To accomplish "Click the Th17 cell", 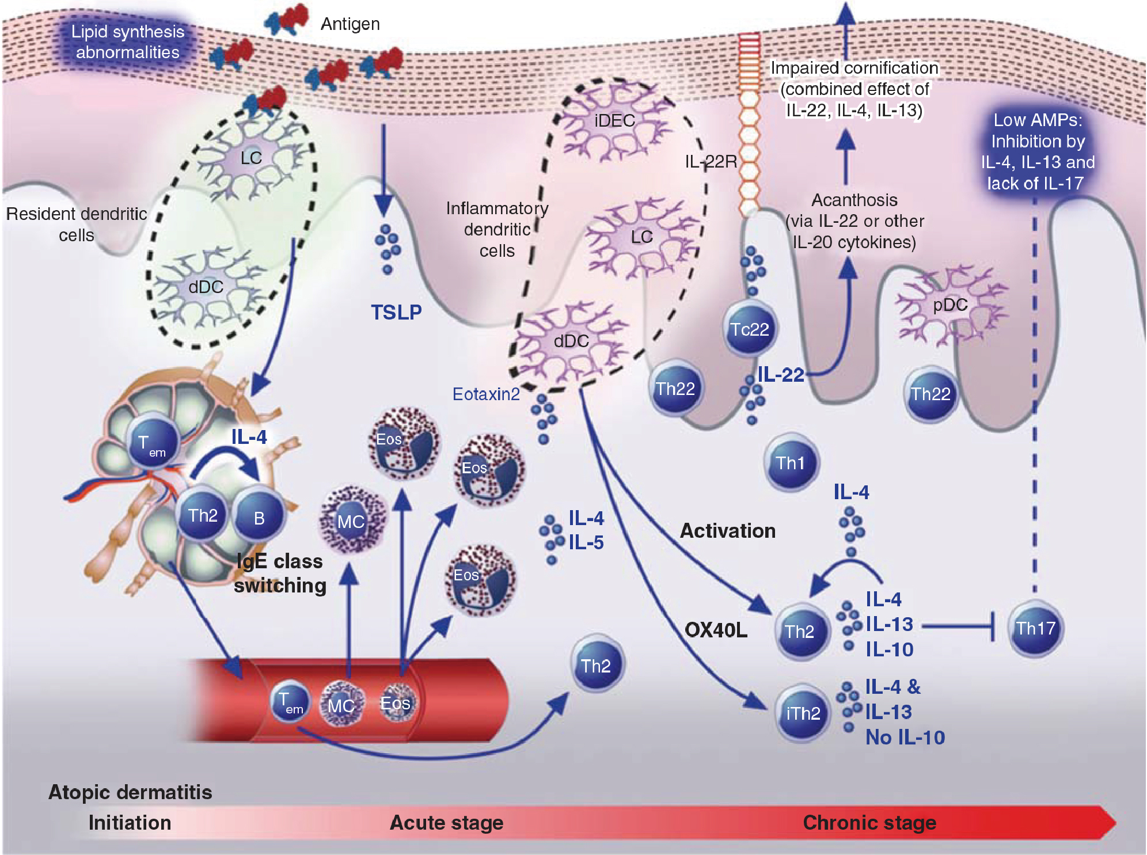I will tap(1035, 628).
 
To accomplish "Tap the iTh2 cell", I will tap(802, 713).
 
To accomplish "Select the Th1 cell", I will tap(790, 463).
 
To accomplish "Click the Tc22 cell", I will tap(749, 329).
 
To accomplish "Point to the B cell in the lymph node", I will tap(259, 518).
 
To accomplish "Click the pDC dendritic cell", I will tap(950, 305).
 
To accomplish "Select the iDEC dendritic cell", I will tap(614, 121).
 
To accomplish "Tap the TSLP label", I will tap(396, 312).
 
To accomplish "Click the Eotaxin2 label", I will tap(485, 394).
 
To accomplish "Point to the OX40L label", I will tap(716, 630).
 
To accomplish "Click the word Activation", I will tap(727, 530).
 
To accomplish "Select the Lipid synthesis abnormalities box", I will tap(127, 42).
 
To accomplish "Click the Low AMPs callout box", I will tap(1037, 151).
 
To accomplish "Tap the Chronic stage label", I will tap(869, 822).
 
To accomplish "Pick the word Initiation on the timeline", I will tap(130, 822).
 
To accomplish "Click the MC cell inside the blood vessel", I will tap(341, 705).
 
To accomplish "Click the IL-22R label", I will tap(711, 162).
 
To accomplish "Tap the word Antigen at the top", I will tap(350, 24).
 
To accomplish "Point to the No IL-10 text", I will tap(905, 738).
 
